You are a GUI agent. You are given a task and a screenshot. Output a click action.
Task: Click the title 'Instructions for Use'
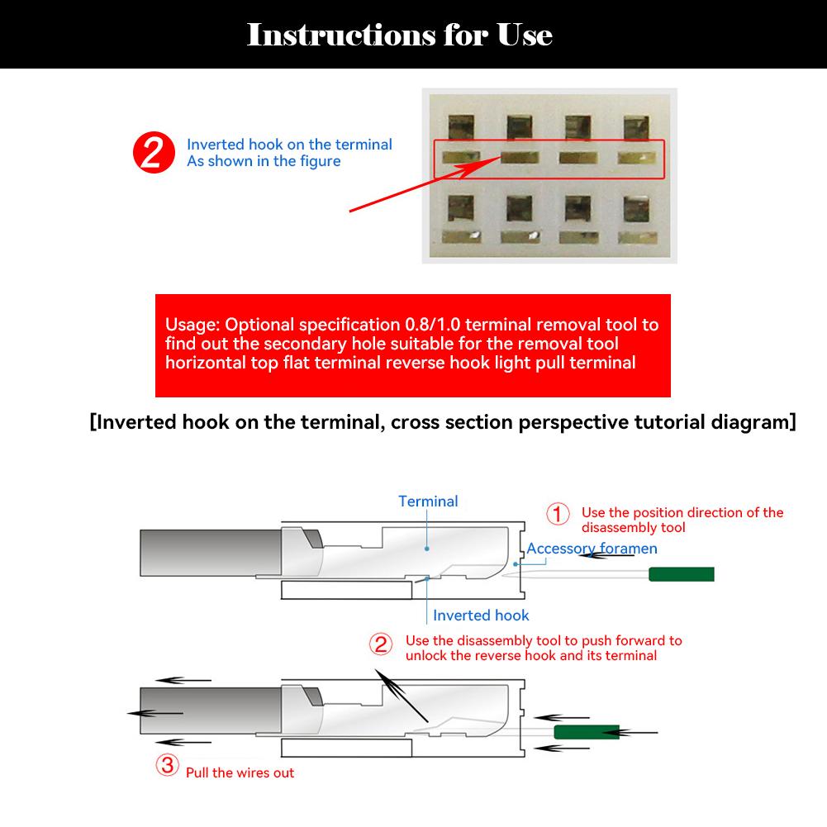pos(400,35)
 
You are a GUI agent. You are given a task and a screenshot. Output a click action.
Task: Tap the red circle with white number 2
pos(154,154)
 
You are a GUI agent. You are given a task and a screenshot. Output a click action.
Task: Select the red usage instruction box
pos(412,345)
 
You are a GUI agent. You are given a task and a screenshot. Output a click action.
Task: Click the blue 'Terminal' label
pos(428,501)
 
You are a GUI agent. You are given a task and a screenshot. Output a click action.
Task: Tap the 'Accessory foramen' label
pos(592,549)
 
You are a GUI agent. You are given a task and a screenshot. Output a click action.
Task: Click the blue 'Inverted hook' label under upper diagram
pos(481,615)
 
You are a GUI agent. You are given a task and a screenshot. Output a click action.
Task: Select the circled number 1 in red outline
pos(558,514)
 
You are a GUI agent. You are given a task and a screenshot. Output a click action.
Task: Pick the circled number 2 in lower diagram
pos(381,644)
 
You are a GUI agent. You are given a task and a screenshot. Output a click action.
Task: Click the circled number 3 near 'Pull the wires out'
pos(168,766)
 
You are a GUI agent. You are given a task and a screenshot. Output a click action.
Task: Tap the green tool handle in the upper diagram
pos(681,574)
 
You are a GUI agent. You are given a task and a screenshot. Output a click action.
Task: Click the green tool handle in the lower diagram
pos(587,732)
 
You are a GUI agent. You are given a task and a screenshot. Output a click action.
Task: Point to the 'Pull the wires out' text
pos(240,773)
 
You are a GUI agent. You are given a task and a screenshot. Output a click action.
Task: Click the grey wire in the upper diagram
pos(211,554)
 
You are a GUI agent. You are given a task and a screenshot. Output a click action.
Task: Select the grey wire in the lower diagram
pos(211,712)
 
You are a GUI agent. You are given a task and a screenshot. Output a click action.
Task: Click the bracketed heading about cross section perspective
pos(443,422)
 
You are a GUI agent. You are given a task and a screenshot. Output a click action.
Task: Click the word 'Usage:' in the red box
pos(192,325)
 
